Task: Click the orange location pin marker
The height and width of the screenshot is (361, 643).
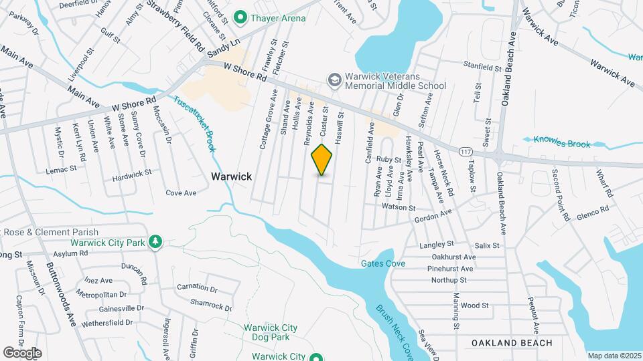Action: [x=322, y=160]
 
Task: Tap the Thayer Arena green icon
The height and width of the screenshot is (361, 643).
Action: [x=239, y=18]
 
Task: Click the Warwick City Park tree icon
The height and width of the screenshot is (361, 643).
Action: [x=155, y=241]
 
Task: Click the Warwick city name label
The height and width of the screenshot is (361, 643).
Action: [x=231, y=176]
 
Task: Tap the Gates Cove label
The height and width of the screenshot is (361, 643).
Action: [x=383, y=264]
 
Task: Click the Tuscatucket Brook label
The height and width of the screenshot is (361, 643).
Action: [x=194, y=123]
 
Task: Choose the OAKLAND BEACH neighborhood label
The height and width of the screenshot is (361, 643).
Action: [x=512, y=343]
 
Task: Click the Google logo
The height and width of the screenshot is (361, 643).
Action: [x=22, y=352]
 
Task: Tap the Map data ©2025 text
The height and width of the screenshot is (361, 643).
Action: [x=614, y=356]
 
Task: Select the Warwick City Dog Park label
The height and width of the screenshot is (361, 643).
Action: [x=270, y=332]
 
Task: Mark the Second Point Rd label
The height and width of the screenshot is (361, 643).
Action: [x=560, y=195]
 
